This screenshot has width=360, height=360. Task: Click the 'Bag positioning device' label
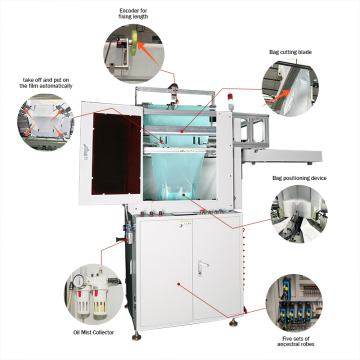coord(300,178)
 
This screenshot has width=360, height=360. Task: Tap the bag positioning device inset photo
coord(297,213)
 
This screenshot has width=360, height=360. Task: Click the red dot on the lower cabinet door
coord(179,285)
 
